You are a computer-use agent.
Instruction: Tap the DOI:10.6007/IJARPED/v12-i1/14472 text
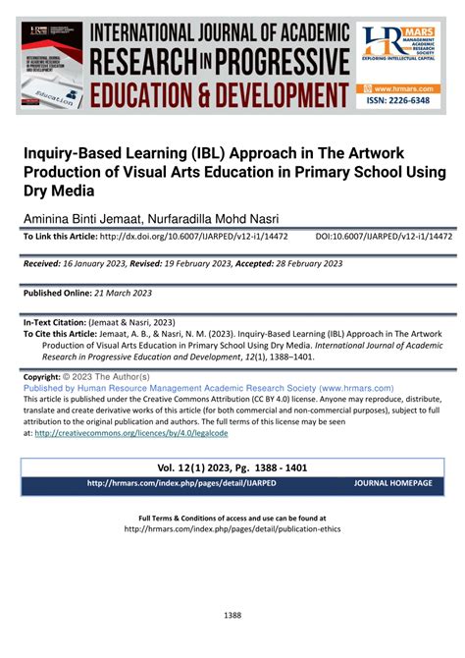384,237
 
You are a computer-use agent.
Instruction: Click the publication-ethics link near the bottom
232,528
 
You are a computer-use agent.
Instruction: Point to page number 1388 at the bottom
232,616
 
